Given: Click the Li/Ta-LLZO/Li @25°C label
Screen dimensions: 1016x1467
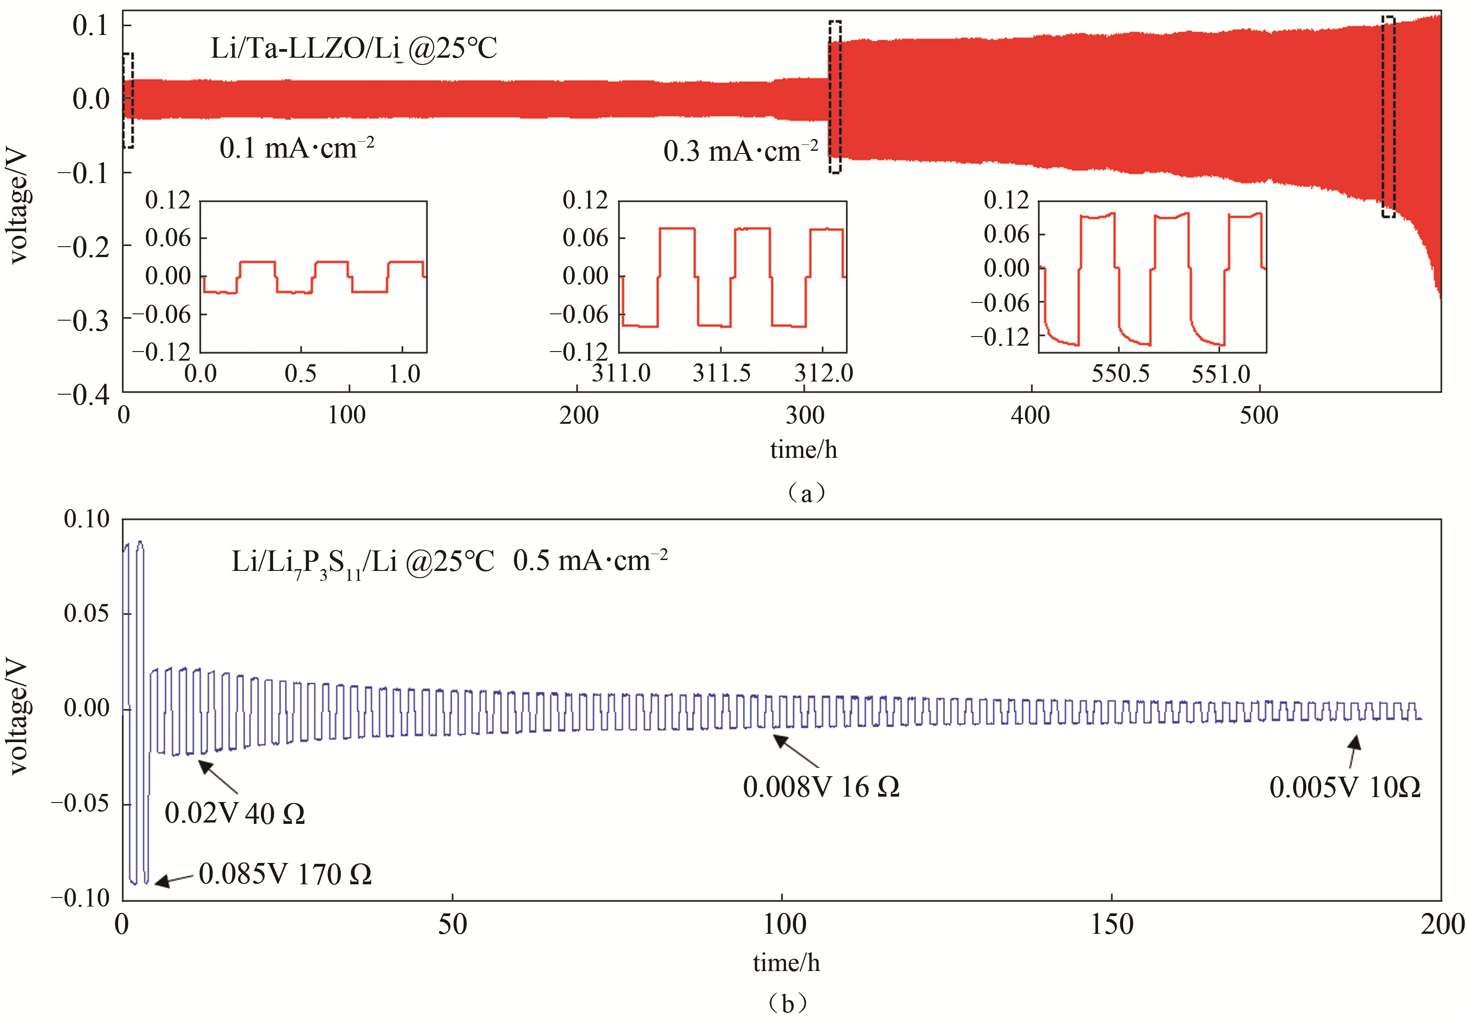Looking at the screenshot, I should click(353, 49).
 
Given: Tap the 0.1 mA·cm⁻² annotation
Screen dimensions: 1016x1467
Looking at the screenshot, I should click(297, 149).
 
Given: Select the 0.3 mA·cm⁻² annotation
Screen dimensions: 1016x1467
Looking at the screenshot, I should click(741, 152).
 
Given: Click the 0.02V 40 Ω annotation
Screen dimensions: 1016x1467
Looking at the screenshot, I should click(234, 813).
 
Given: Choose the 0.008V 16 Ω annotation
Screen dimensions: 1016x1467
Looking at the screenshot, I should click(821, 788).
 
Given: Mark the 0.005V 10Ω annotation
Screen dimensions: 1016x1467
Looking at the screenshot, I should click(1345, 788).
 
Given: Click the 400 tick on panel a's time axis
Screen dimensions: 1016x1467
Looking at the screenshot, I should click(1030, 416).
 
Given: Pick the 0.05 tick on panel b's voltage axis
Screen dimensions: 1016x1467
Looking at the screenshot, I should click(87, 614).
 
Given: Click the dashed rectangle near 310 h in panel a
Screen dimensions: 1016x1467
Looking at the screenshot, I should click(835, 97).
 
